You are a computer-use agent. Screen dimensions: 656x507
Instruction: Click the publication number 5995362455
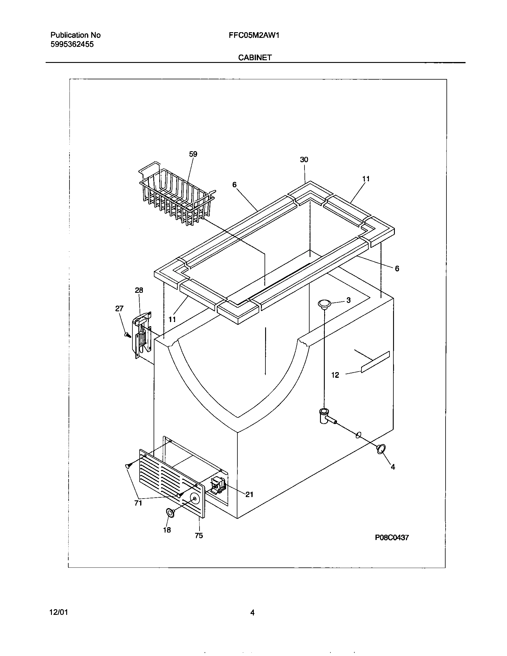72,44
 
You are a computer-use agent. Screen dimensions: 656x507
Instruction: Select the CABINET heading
255,58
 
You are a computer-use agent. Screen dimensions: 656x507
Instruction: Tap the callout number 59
193,154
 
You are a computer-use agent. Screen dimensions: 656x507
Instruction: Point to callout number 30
304,160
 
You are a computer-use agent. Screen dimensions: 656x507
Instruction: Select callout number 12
335,375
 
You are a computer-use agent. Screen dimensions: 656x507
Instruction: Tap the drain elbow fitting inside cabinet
325,416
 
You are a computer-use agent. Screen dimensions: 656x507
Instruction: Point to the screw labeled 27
127,334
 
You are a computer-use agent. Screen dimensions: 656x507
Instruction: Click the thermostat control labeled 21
219,486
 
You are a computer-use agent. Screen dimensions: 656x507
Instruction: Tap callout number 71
138,503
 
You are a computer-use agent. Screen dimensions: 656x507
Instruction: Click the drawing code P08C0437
392,538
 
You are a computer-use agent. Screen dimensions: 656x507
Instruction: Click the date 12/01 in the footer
58,612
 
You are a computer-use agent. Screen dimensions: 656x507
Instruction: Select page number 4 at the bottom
252,612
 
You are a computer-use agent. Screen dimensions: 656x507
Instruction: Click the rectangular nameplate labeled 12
375,362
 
